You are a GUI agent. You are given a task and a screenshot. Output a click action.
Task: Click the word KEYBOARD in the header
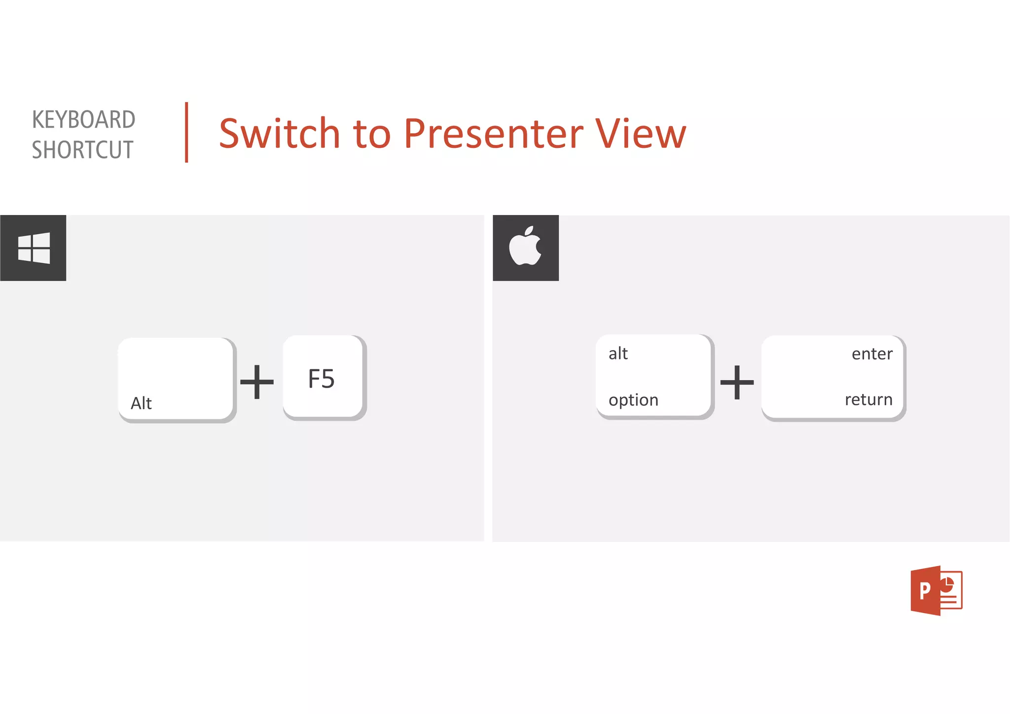click(x=83, y=120)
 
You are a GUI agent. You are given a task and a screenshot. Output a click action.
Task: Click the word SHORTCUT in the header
click(x=82, y=150)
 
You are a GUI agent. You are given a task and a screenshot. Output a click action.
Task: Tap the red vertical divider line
click(x=186, y=132)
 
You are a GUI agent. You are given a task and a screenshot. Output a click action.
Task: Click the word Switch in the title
click(x=279, y=134)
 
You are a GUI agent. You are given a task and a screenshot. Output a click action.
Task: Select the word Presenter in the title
click(x=493, y=134)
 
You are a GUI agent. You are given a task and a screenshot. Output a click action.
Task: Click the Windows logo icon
click(x=34, y=248)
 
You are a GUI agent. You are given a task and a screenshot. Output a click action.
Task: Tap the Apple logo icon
click(x=525, y=247)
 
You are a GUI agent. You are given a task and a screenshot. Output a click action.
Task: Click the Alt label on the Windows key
click(x=141, y=403)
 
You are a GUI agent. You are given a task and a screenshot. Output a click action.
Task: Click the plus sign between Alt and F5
click(x=256, y=382)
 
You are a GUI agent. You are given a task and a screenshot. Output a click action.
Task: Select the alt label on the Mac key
click(x=618, y=354)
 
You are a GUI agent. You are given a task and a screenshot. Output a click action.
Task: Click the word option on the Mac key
click(x=633, y=400)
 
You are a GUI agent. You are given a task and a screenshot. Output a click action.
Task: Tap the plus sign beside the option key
click(x=737, y=382)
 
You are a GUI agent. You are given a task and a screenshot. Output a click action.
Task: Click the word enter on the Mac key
click(x=871, y=354)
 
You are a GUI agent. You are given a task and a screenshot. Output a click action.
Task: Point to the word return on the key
click(x=868, y=399)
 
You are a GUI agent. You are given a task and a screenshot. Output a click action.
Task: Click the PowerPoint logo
click(x=936, y=590)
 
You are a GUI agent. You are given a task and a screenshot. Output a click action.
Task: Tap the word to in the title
click(x=372, y=134)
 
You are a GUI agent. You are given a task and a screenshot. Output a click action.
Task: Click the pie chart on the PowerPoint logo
click(x=946, y=585)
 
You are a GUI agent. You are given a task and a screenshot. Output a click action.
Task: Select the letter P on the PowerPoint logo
click(x=925, y=590)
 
